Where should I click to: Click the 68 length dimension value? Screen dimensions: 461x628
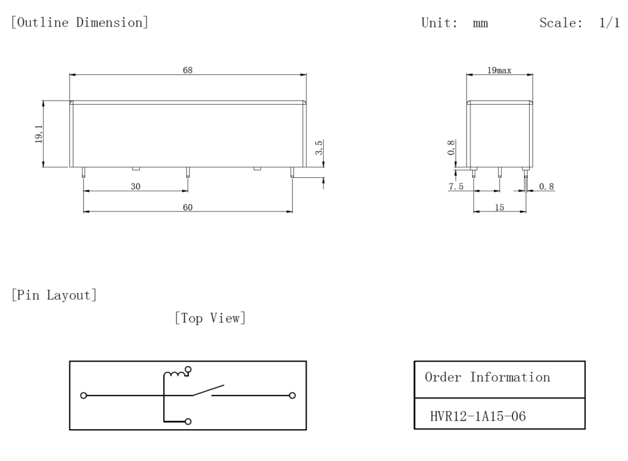click(187, 70)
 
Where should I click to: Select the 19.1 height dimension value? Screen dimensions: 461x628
click(39, 134)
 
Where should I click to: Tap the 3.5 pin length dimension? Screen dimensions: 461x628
click(318, 148)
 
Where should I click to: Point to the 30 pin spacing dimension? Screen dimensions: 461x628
click(136, 186)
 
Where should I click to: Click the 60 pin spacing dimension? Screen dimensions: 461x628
click(187, 207)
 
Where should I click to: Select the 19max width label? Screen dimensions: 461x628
click(499, 70)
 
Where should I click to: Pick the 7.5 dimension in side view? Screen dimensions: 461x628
click(456, 186)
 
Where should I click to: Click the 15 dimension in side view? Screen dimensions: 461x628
click(499, 208)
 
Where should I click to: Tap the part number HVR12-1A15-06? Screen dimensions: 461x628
click(478, 417)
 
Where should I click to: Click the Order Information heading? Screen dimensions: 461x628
click(487, 377)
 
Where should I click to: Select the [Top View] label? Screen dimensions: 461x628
click(210, 318)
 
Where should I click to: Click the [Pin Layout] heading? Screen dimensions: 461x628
click(54, 295)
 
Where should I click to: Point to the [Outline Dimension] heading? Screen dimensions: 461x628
click(80, 23)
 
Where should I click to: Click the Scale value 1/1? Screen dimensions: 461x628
click(609, 23)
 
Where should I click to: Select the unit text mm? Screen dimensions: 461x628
click(480, 23)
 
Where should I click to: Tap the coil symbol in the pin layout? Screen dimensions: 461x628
click(175, 373)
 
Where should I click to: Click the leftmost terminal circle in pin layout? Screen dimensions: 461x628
click(84, 395)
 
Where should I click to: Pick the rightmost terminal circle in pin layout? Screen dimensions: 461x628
click(293, 395)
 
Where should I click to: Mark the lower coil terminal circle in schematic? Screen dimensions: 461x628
click(188, 422)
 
